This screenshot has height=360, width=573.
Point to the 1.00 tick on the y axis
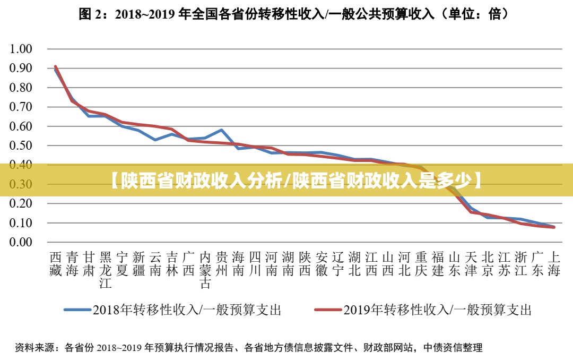22,49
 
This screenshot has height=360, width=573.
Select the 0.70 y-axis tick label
22,107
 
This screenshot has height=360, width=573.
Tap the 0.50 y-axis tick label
22,145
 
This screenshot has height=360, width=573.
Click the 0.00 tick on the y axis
22,242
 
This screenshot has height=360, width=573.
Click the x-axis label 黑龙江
106,270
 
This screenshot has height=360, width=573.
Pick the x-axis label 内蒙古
205,270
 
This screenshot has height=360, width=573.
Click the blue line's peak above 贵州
221,130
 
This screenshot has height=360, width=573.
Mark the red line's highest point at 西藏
56,66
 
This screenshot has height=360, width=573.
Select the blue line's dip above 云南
155,140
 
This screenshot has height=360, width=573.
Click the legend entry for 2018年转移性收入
172,310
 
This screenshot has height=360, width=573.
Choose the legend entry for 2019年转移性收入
423,310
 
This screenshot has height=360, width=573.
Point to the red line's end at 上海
553,227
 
